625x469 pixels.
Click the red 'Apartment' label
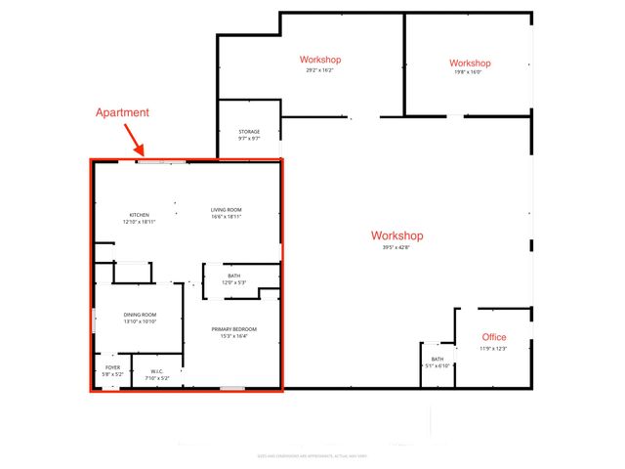point(122,112)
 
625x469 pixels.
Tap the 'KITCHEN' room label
point(140,215)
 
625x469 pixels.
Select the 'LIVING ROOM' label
point(227,210)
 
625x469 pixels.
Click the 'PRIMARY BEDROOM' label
point(232,329)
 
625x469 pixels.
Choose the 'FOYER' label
point(112,367)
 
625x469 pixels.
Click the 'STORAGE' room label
point(249,131)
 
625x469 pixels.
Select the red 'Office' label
point(494,337)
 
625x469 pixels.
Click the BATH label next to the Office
point(437,360)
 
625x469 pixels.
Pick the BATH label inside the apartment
point(234,277)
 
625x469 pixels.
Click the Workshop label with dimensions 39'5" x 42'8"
point(396,235)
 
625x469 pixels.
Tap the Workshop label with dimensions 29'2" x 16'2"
point(320,60)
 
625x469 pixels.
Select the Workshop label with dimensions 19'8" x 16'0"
point(471,64)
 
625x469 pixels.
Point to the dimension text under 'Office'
point(493,349)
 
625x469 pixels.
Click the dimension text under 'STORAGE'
point(249,139)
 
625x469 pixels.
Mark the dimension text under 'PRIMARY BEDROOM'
point(232,337)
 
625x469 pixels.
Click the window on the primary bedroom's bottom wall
point(231,389)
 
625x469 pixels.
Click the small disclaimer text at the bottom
point(312,455)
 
